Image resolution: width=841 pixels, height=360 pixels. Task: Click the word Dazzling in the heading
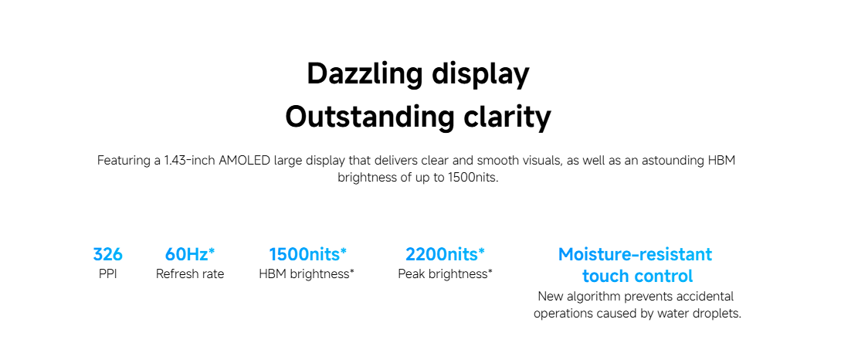365,74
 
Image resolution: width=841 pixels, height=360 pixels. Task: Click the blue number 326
108,253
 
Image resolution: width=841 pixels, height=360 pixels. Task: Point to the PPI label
108,274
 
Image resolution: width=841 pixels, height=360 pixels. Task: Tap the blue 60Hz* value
190,253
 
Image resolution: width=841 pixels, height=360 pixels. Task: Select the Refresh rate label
190,274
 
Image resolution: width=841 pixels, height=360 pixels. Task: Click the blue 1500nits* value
308,253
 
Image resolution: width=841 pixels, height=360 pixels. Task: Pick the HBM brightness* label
307,274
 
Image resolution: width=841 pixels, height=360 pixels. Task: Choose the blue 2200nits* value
445,253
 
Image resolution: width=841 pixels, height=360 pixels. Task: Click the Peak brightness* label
445,274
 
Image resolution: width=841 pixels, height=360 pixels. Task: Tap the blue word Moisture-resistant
636,253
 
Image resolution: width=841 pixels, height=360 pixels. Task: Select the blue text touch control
638,277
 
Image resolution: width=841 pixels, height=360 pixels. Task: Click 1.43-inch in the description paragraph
189,161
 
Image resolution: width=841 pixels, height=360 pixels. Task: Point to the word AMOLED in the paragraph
244,161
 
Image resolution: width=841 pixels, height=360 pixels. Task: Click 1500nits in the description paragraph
473,178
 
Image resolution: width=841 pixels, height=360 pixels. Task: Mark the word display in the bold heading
481,75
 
